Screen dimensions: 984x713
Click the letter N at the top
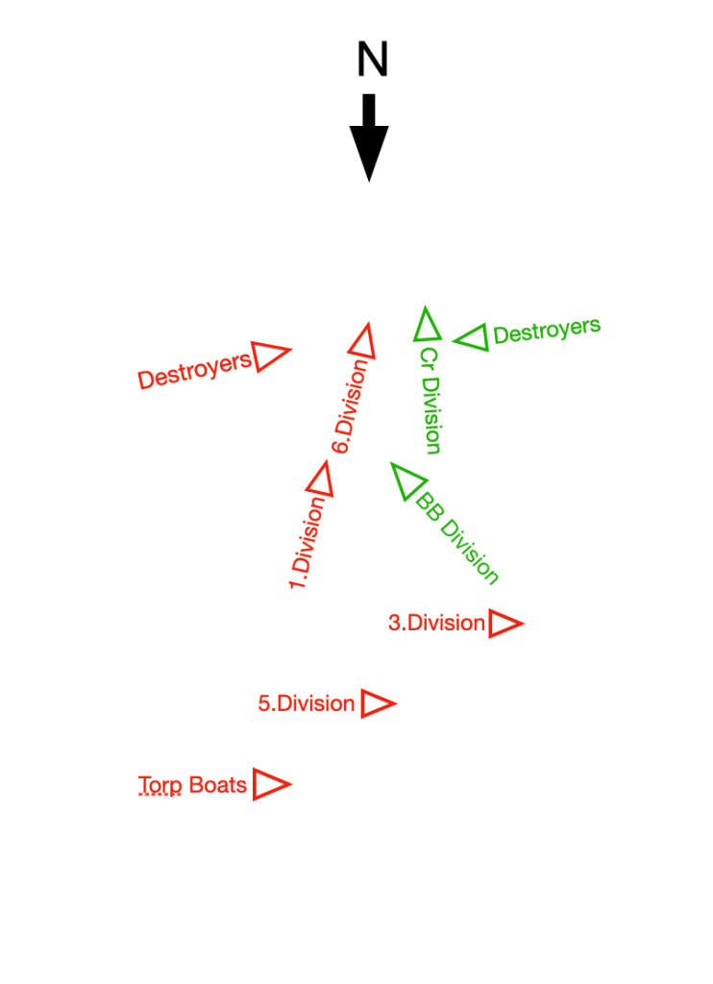tap(372, 61)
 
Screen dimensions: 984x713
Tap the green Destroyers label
tap(547, 332)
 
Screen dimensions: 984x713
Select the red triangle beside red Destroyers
tap(270, 356)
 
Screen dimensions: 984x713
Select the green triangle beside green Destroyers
tap(472, 337)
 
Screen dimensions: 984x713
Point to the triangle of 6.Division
tap(362, 341)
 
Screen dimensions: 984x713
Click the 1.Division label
tap(307, 545)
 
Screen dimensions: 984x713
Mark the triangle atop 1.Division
tap(321, 479)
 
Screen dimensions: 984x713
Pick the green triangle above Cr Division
tap(427, 325)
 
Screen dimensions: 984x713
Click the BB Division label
tap(457, 538)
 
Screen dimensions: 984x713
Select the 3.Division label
tap(436, 623)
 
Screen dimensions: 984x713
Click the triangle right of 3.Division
tap(504, 624)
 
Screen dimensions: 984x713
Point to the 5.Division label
tap(307, 703)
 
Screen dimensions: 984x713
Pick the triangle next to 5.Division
tap(376, 703)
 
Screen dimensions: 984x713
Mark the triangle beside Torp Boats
tap(270, 784)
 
